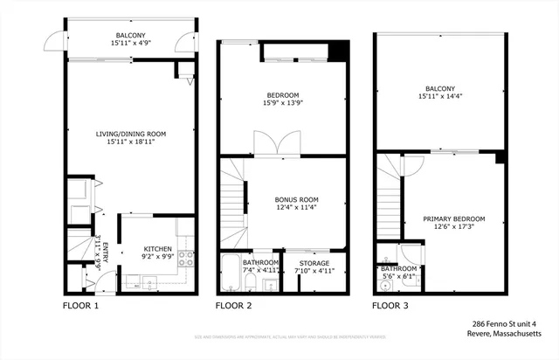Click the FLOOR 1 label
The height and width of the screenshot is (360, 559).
point(80,307)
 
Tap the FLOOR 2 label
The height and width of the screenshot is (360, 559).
point(234,307)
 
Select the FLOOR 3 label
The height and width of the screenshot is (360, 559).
point(390,307)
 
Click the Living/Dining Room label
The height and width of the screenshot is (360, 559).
point(131,134)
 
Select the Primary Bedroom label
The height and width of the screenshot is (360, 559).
point(454,218)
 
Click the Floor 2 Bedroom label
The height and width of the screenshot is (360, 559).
point(282,95)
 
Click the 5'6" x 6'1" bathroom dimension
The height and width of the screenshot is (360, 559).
point(398,276)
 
